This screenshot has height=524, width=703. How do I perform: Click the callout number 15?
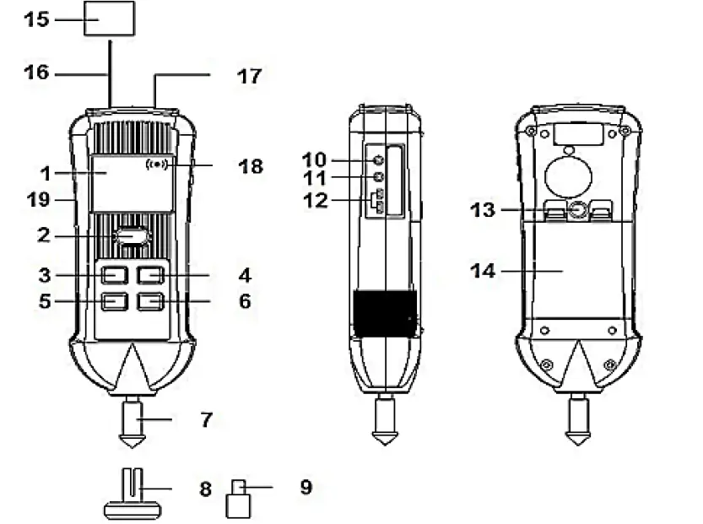[x=36, y=19]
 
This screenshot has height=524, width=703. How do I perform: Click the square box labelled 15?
[x=109, y=19]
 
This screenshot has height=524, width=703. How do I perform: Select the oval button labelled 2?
[x=132, y=238]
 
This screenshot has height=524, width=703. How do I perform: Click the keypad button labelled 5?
[x=114, y=302]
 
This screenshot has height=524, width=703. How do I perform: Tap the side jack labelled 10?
[x=379, y=158]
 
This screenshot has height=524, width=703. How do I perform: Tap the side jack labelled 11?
[x=379, y=178]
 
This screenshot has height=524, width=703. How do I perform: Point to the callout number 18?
[x=251, y=166]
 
